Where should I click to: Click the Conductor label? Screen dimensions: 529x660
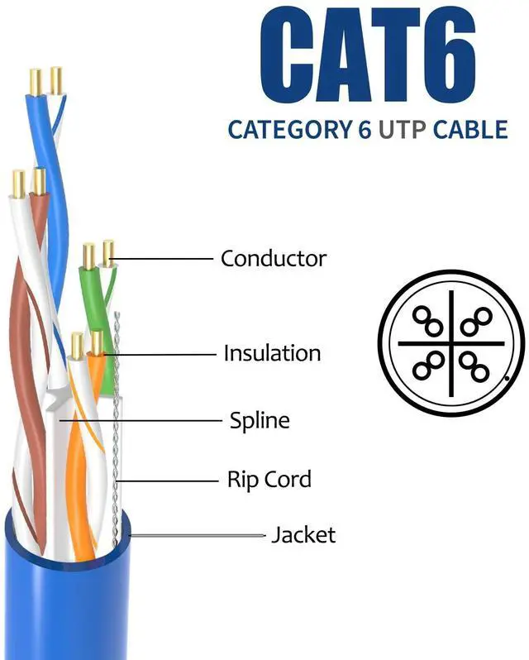(274, 258)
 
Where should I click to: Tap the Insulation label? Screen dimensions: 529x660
(272, 354)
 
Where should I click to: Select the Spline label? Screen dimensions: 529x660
(260, 420)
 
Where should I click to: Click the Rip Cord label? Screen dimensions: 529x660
(269, 479)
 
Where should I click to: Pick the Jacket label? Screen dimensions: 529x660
(303, 535)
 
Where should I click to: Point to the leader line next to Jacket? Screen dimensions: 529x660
(198, 535)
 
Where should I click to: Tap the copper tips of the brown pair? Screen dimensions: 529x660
(27, 183)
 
